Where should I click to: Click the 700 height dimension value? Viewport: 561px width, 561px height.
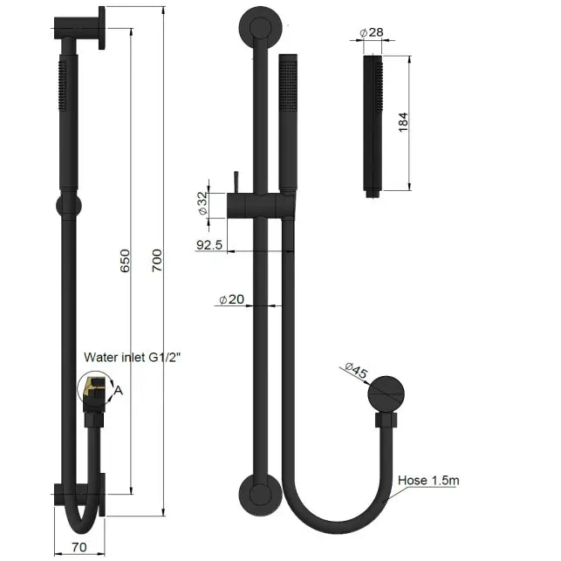tap(157, 259)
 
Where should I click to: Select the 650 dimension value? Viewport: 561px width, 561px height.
tap(125, 259)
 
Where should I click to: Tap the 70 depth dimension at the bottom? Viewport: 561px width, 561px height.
tap(79, 549)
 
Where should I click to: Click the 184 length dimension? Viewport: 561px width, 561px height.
tap(402, 122)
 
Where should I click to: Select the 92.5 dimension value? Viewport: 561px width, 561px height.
tap(209, 245)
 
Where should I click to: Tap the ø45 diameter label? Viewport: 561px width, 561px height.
tap(357, 372)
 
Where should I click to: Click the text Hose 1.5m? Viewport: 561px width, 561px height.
tap(428, 479)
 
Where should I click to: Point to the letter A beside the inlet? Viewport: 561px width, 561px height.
tap(119, 391)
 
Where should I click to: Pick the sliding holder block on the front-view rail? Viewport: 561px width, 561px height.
tap(259, 206)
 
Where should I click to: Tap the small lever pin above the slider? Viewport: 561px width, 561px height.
tap(235, 183)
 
